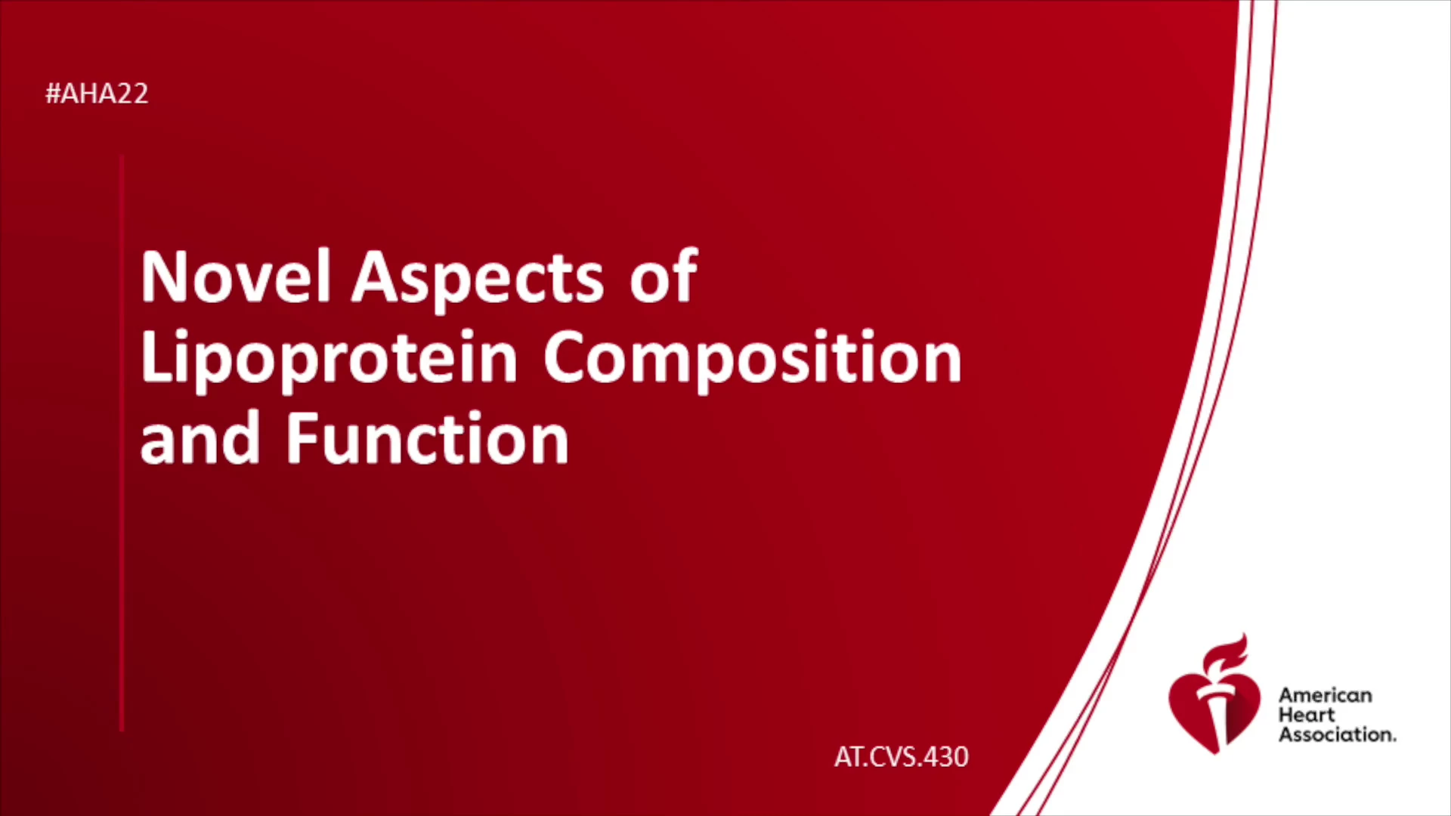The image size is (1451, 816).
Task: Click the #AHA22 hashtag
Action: pos(97,94)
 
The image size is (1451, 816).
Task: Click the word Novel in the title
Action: pos(236,277)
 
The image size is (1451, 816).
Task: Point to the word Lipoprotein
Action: pos(329,360)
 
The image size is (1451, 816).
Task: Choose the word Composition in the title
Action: pos(753,360)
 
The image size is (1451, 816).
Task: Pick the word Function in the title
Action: pos(427,437)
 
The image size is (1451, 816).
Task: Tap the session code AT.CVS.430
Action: pos(901,757)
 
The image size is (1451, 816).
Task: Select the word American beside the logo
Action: pos(1325,695)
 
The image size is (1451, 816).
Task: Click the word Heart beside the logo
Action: pos(1307,715)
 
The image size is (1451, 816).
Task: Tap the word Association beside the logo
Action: pos(1337,734)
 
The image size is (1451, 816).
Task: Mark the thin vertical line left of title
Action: pos(122,444)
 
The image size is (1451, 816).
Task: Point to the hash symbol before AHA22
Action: pos(53,94)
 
